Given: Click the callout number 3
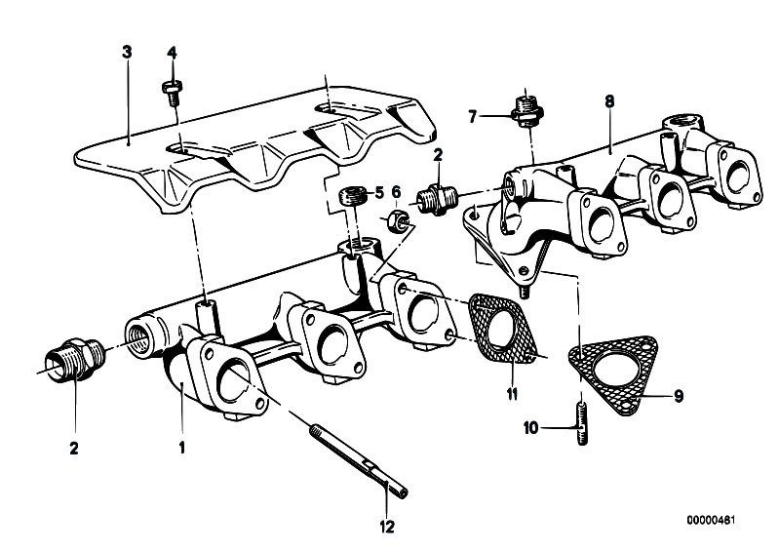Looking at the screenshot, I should [127, 51].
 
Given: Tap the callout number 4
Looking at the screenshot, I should [172, 51].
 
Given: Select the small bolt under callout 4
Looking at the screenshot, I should [172, 92].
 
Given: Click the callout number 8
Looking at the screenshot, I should [608, 100].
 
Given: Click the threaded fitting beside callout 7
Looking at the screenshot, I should [526, 109].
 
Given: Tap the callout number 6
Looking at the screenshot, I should [396, 192].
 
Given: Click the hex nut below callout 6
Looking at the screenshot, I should [397, 218].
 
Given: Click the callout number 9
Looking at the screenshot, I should [679, 395].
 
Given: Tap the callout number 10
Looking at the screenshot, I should [554, 426].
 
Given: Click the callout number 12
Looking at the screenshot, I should [388, 528].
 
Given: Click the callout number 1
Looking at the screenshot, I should [180, 449].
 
